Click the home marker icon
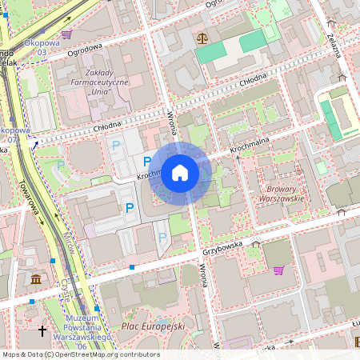click(180, 173)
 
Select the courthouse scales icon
click(201, 38)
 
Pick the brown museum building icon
click(37, 279)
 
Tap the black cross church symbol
click(42, 330)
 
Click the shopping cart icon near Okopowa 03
click(66, 34)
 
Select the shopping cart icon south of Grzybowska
click(278, 270)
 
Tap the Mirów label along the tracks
click(69, 237)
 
